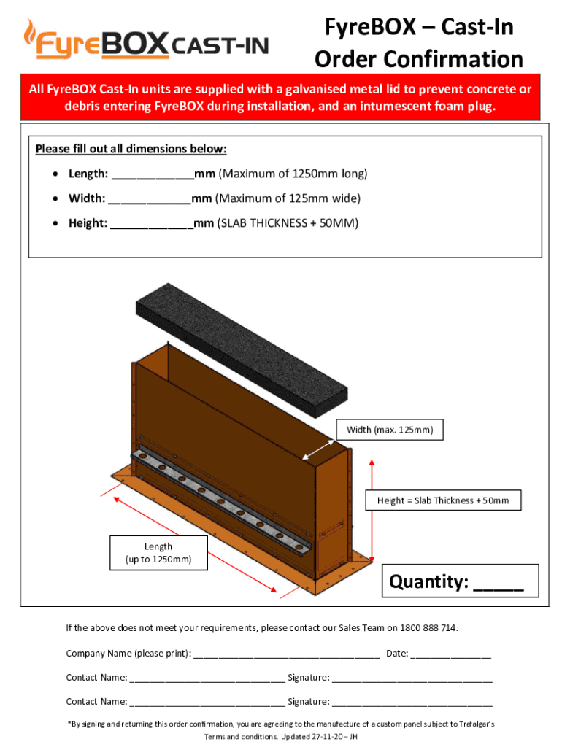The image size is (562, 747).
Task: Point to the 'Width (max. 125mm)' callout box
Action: (389, 430)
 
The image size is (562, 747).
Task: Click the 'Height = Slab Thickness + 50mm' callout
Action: (443, 500)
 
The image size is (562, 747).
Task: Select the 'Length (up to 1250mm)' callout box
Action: (158, 553)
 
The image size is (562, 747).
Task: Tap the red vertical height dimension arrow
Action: (372, 511)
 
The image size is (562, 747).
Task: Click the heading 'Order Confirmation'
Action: (419, 59)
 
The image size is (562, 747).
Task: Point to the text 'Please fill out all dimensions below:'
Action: (131, 150)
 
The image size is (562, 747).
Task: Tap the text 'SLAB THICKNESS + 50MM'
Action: (291, 223)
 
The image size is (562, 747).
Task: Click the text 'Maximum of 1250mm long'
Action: (293, 174)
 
